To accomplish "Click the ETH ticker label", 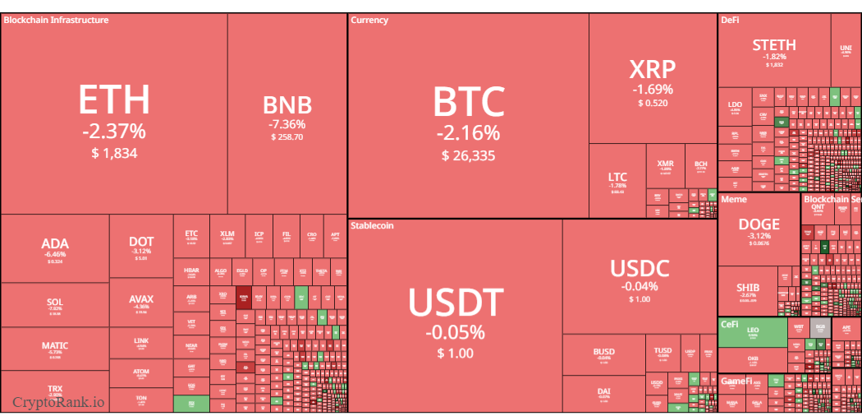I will click(x=114, y=99).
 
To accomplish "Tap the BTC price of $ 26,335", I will click(x=468, y=155).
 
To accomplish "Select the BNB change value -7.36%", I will click(x=287, y=124).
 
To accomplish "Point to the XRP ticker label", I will click(x=652, y=68).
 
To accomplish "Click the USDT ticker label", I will click(x=455, y=303).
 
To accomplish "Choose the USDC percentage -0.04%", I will click(x=640, y=286).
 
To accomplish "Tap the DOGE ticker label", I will click(x=759, y=224).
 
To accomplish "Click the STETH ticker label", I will click(x=773, y=45).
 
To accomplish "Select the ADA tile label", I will click(x=55, y=243).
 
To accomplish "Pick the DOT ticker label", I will click(x=141, y=242).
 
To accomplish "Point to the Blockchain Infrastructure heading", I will click(x=56, y=20).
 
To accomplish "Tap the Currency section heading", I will click(x=369, y=20).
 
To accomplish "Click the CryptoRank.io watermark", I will click(x=58, y=402).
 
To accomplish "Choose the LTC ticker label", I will click(x=617, y=177).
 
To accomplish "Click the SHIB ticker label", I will click(x=748, y=288).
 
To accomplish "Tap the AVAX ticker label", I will click(x=141, y=299).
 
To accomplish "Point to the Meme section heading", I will click(x=734, y=200).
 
